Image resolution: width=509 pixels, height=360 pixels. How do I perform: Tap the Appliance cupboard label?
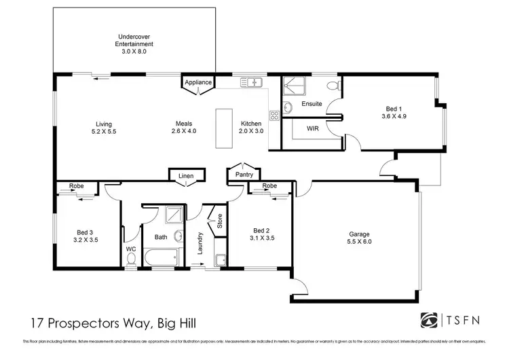tap(199, 83)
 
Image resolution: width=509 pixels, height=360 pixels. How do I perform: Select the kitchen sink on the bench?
tap(251, 83)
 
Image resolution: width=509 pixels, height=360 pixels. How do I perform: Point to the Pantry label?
tap(243, 175)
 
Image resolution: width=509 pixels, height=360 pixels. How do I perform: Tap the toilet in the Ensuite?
tap(331, 85)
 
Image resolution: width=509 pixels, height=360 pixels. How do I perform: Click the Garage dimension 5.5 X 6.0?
tap(360, 241)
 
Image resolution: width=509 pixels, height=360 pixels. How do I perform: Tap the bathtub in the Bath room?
tap(161, 258)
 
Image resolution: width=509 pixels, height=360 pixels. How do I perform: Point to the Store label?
tap(219, 222)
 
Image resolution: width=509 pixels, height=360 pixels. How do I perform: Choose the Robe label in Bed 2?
tap(269, 185)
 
